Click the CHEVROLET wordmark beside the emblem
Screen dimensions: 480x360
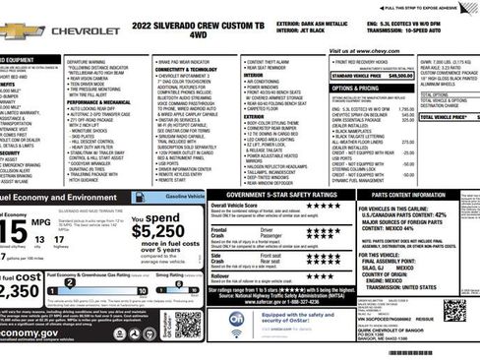(86, 31)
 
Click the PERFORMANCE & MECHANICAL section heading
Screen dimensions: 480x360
(98, 102)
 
